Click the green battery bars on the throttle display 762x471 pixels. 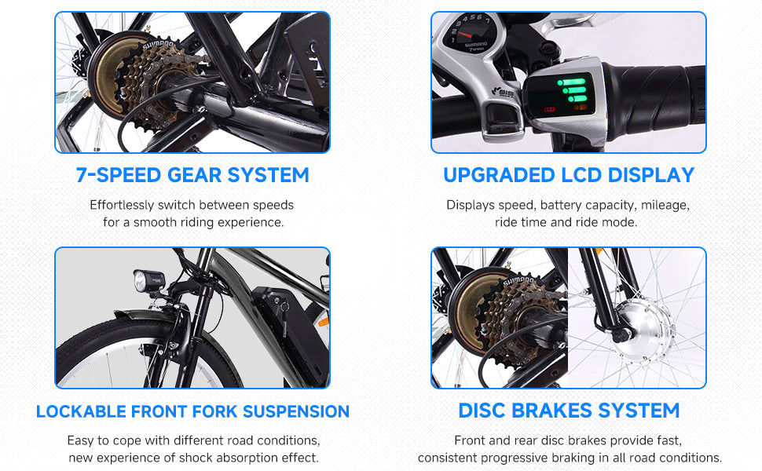pos(574,90)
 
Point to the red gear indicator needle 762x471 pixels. pos(466,35)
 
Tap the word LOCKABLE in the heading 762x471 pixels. pos(81,412)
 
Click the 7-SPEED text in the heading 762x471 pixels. pos(118,175)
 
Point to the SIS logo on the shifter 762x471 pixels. pos(503,92)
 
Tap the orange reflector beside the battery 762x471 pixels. pos(323,321)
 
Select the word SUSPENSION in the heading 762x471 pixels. pos(296,412)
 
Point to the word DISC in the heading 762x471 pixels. pos(482,411)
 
